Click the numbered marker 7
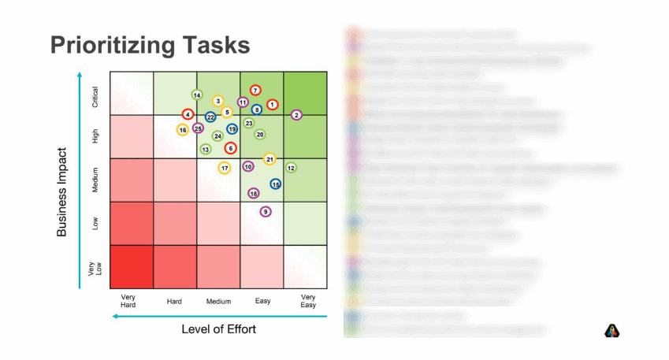(255, 91)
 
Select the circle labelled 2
(296, 115)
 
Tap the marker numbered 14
(197, 95)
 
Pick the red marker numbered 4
(188, 115)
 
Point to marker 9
(266, 211)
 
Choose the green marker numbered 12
(291, 168)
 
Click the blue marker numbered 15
(276, 184)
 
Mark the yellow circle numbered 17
(225, 168)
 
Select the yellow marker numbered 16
(182, 130)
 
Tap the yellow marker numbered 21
(269, 159)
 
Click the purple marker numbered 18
(254, 193)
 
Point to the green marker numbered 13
(206, 149)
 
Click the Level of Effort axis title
(219, 328)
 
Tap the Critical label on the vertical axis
(95, 97)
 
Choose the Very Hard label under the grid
(130, 300)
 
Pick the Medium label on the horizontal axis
(218, 302)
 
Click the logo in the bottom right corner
(612, 331)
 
